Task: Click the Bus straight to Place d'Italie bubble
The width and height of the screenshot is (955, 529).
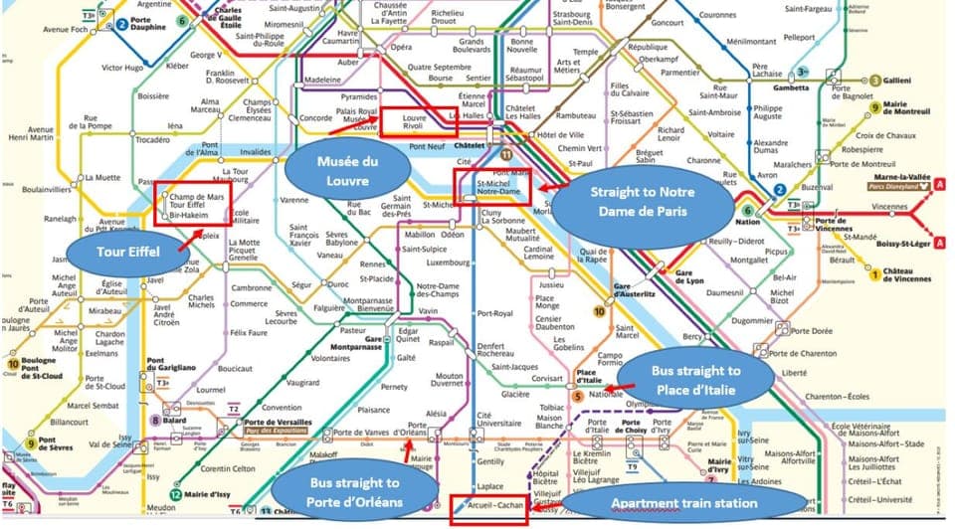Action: tap(695, 380)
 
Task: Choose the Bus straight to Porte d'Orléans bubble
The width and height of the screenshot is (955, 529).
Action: tap(354, 492)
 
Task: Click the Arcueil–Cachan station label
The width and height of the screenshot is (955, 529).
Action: tap(487, 506)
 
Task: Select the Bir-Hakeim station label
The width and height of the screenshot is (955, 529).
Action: tap(189, 214)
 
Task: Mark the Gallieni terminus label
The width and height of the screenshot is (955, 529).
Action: tap(901, 81)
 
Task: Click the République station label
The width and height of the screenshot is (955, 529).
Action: tap(647, 47)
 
